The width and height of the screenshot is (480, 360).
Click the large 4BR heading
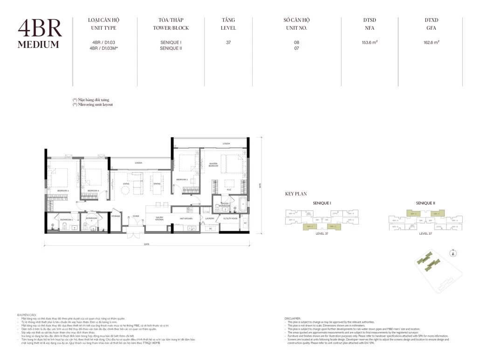click(40, 28)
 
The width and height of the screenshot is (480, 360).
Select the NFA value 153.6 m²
click(370, 42)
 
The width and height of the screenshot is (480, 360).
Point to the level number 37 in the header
click(228, 42)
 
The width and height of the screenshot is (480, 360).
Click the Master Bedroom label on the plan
click(213, 164)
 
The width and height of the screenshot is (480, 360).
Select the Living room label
click(126, 183)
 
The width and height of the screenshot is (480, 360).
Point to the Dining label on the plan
click(157, 183)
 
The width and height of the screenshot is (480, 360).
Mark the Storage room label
click(116, 216)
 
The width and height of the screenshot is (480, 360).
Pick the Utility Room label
click(230, 218)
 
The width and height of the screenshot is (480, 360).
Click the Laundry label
click(209, 218)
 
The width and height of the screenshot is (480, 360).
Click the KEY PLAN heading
click(295, 194)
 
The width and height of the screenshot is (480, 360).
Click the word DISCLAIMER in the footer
click(294, 319)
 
